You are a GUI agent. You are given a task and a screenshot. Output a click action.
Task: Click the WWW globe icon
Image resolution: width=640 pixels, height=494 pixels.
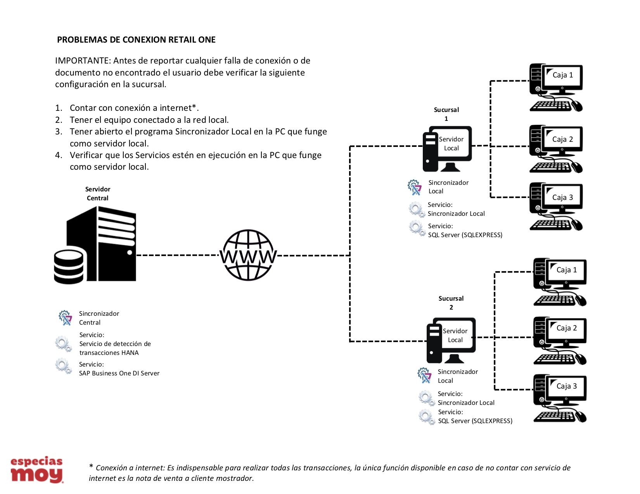(x=248, y=255)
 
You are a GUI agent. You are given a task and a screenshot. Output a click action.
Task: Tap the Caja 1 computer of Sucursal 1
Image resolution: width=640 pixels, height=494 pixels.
(x=556, y=87)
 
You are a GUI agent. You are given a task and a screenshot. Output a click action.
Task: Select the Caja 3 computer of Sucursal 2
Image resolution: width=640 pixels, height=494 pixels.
(x=560, y=398)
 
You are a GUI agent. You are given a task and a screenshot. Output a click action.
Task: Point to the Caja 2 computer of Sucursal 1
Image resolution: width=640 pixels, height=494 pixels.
(x=556, y=149)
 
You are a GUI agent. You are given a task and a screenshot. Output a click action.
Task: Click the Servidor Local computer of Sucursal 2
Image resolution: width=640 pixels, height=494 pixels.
(x=451, y=340)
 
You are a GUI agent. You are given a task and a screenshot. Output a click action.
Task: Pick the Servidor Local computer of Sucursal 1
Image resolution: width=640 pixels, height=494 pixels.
(x=447, y=148)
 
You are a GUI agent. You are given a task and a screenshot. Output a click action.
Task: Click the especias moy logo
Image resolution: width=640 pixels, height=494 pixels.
(x=37, y=469)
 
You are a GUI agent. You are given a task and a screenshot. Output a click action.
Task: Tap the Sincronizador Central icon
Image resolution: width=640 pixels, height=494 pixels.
(x=65, y=318)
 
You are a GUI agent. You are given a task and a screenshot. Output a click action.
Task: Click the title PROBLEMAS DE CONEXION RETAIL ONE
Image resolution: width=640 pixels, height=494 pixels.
(x=136, y=40)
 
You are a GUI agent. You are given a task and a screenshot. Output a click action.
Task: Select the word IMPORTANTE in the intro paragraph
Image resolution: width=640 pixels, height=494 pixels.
(x=82, y=61)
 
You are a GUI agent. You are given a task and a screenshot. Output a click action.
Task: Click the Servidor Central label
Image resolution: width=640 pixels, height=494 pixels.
(x=98, y=193)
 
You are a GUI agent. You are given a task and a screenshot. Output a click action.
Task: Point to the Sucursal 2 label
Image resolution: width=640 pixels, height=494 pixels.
(x=451, y=303)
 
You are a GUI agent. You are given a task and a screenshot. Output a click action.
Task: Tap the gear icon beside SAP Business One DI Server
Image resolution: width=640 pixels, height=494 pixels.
(x=63, y=366)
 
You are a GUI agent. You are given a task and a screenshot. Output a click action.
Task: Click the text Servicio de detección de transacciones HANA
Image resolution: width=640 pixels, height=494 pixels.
(x=115, y=348)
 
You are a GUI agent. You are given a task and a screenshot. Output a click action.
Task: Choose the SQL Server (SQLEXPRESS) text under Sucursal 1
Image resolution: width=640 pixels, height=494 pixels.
(x=465, y=235)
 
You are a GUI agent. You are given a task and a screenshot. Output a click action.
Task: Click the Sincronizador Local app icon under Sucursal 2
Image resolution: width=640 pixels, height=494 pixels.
(x=424, y=375)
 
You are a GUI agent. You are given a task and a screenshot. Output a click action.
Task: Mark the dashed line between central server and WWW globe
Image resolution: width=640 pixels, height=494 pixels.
(x=178, y=255)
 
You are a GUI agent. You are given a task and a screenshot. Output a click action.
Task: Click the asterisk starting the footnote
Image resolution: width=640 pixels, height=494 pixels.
(x=91, y=466)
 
